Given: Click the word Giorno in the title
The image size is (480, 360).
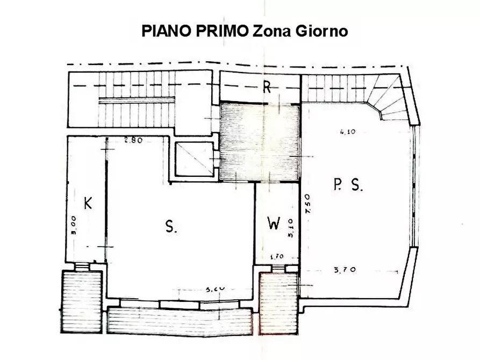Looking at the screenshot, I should point(321,31).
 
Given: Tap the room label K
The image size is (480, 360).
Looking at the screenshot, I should point(88,204).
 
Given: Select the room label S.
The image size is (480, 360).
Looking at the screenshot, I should point(171,227).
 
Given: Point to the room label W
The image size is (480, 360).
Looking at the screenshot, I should point(274,224).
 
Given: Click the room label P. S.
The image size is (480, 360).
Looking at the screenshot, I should point(349,186).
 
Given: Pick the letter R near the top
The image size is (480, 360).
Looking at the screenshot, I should point(266,88).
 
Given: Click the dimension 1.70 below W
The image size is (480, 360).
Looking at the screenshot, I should point(276,256).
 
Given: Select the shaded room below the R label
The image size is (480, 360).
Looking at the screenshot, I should point(259,142).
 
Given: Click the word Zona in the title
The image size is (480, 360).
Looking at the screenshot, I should point(273,31).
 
